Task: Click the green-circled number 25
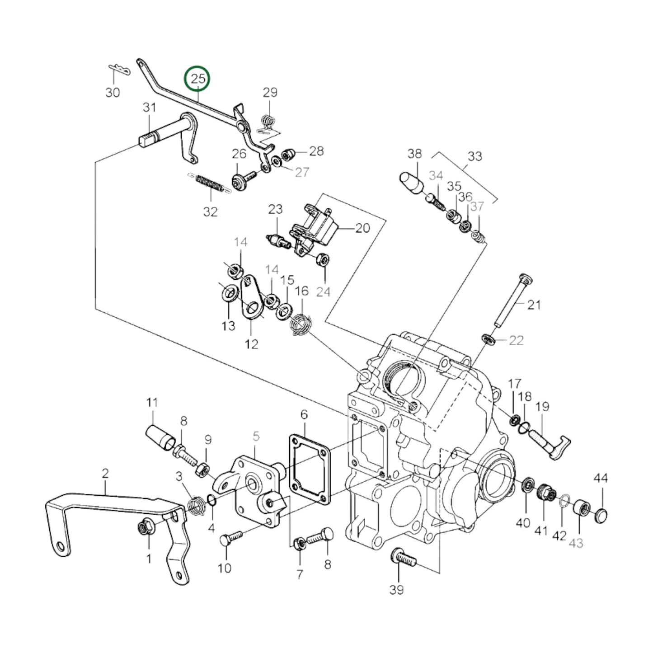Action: click(198, 79)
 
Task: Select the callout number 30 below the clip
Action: click(113, 92)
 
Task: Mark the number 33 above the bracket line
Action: click(474, 156)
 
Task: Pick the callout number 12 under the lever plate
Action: click(251, 344)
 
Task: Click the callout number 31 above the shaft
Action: click(149, 108)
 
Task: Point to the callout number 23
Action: click(275, 209)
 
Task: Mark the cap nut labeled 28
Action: click(287, 155)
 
